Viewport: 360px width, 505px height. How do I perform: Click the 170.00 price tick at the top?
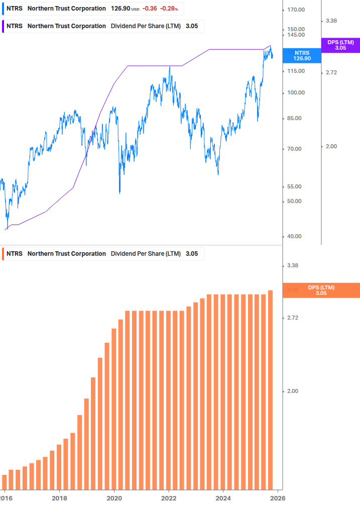[296, 10]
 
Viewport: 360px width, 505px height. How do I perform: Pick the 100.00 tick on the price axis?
[296, 93]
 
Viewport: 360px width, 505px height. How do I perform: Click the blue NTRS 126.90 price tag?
[302, 55]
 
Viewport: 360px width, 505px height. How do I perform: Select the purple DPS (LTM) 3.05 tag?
[340, 45]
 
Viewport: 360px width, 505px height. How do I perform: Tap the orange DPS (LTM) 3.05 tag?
[321, 290]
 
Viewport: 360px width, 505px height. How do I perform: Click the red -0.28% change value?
[169, 9]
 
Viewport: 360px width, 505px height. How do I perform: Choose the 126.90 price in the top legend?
[121, 9]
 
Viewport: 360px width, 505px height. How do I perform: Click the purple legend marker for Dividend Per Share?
[4, 26]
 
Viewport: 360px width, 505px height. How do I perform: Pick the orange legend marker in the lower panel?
[4, 254]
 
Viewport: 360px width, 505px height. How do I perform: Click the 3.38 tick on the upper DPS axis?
[331, 21]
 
